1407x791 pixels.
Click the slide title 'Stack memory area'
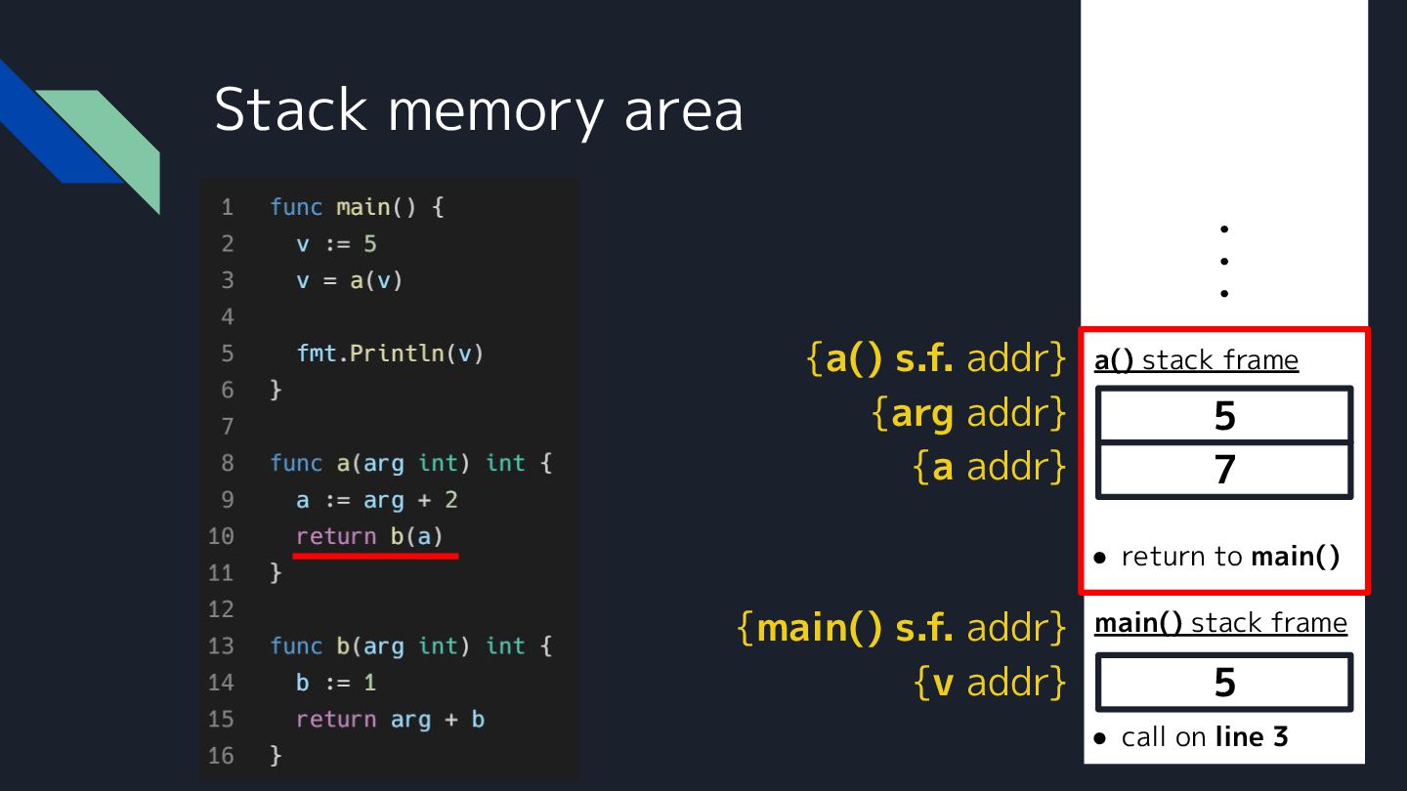click(x=478, y=109)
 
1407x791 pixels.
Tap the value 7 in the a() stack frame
click(x=1224, y=470)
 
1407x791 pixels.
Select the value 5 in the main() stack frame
click(x=1224, y=683)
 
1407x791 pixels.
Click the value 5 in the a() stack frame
click(x=1224, y=416)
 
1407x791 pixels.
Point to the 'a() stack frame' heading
click(x=1196, y=360)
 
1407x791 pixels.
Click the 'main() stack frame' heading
click(x=1220, y=623)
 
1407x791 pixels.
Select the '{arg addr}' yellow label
click(x=967, y=414)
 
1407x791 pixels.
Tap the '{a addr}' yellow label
click(x=988, y=468)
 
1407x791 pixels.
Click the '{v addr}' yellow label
click(x=989, y=682)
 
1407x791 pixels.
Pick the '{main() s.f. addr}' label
click(x=901, y=627)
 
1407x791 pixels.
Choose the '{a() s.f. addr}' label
click(x=935, y=359)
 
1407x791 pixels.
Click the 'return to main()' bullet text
click(x=1229, y=557)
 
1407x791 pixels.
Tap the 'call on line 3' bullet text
click(x=1204, y=736)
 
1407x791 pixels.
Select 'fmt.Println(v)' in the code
click(x=390, y=353)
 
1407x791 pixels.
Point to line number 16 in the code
click(x=221, y=756)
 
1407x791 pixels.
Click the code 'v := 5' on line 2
click(x=336, y=243)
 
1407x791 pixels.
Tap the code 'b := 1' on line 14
click(x=336, y=683)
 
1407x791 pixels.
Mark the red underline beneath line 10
click(x=375, y=556)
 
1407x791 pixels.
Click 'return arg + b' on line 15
click(x=390, y=720)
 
